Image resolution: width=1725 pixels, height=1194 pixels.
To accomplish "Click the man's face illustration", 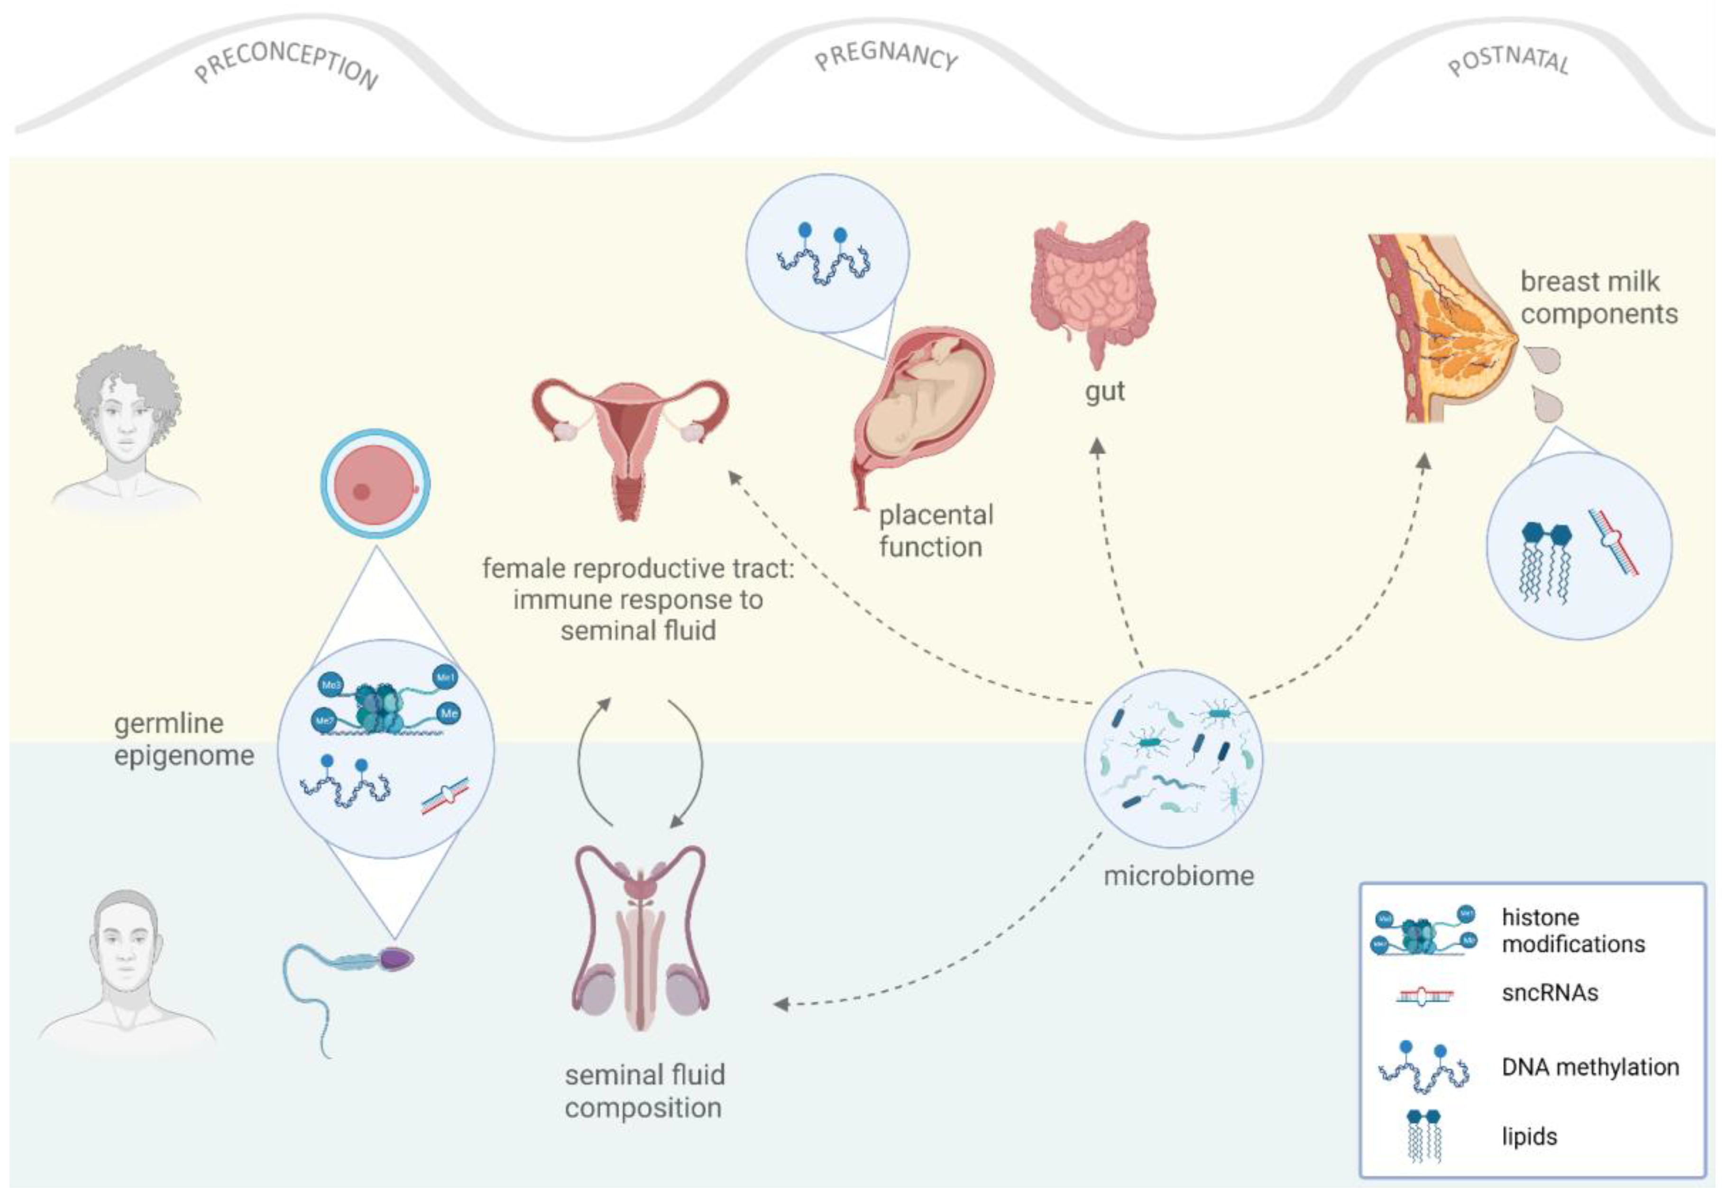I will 126,950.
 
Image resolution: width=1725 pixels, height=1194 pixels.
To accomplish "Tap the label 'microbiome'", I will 1178,875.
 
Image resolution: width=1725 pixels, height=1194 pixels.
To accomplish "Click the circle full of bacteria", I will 1173,758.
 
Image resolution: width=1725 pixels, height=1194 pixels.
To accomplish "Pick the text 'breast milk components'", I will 1598,298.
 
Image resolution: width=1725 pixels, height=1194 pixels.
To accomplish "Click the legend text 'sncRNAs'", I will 1549,993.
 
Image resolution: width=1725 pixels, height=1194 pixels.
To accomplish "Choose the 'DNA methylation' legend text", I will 1590,1067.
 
